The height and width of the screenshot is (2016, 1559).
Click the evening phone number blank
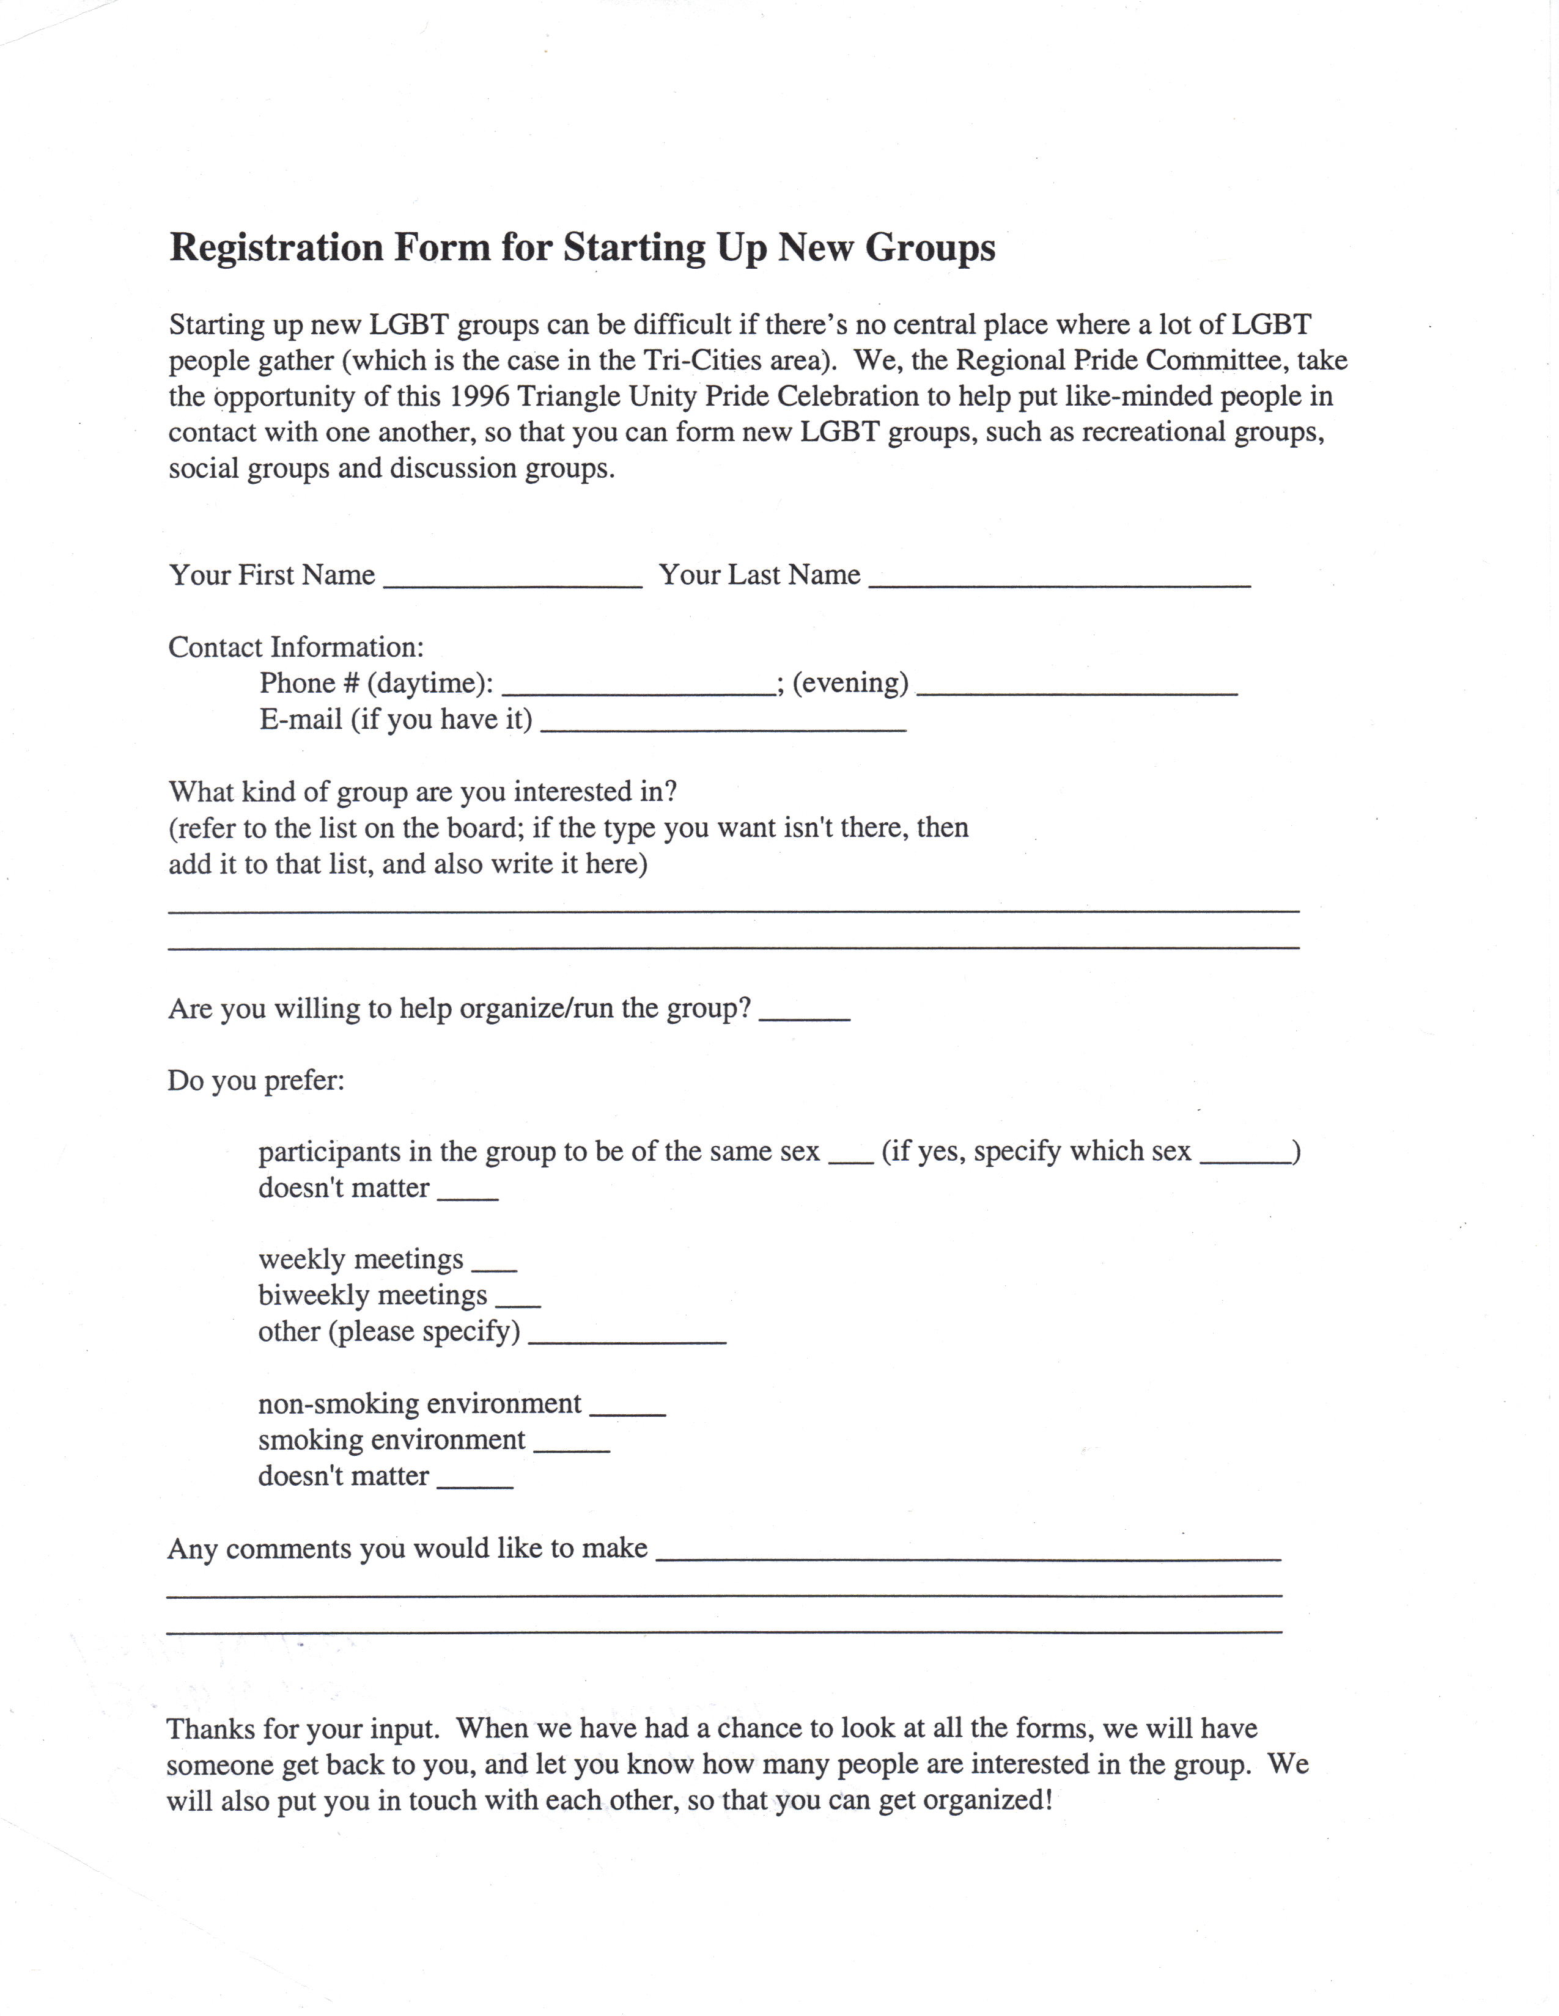coord(1077,687)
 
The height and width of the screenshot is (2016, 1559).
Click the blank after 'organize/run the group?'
coord(803,1013)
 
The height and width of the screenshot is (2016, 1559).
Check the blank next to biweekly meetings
coord(518,1301)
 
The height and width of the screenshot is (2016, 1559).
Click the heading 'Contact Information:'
coord(295,647)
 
